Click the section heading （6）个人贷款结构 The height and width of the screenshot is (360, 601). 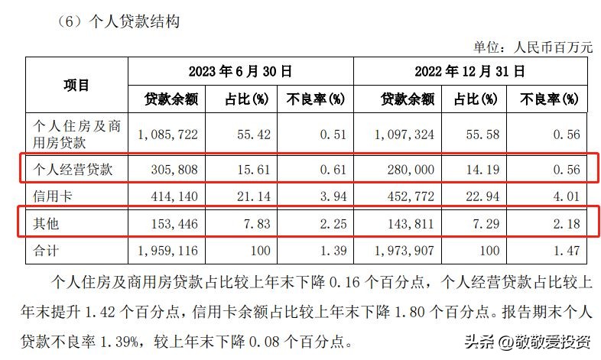118,22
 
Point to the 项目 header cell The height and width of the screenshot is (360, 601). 76,85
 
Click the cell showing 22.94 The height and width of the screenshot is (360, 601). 482,196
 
